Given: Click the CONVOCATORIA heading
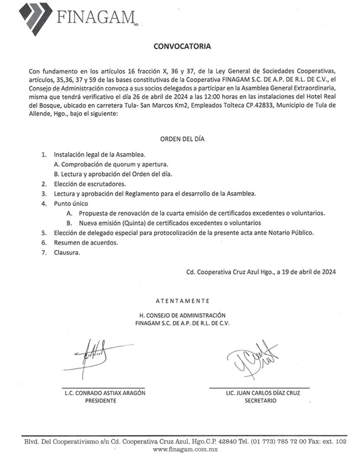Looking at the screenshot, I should point(182,46).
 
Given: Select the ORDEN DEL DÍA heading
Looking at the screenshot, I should point(182,139).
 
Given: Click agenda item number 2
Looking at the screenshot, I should point(44,184).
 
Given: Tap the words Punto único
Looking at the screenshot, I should point(71,204).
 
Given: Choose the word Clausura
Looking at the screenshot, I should point(67,253).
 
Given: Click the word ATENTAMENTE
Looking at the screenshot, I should point(182,301).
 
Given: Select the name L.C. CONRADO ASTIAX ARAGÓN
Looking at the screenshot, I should point(105,393).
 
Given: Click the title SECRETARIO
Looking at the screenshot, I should point(261,401).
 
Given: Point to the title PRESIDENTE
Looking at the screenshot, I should point(101,401).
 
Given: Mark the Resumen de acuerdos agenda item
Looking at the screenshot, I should point(86,243).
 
